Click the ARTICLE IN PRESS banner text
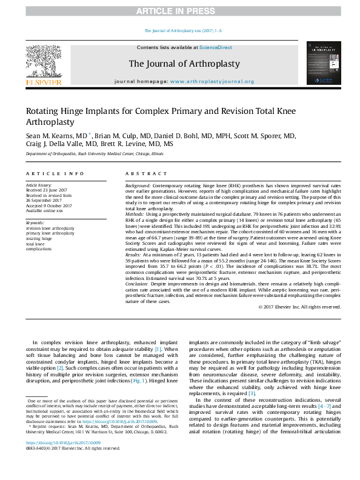point(180,12)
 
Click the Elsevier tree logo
point(43,61)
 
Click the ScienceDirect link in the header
point(216,47)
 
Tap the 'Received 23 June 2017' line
point(47,190)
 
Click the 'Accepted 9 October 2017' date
point(48,205)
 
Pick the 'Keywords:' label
point(35,222)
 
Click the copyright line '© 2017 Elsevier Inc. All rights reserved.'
point(299,307)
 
